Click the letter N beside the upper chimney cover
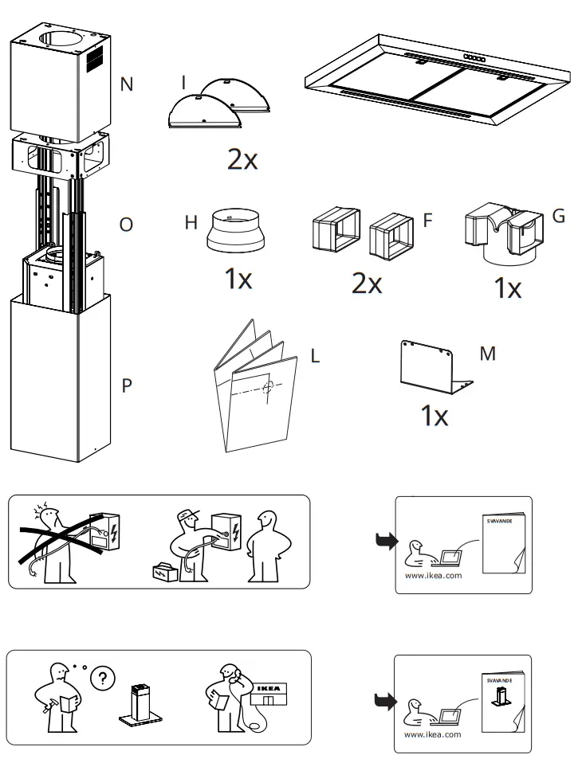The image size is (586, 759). pyautogui.click(x=126, y=84)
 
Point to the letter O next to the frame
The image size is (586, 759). pyautogui.click(x=126, y=225)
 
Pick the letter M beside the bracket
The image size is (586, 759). pyautogui.click(x=487, y=353)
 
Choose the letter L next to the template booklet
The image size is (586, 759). pyautogui.click(x=314, y=356)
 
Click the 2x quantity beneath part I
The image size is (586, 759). pyautogui.click(x=242, y=160)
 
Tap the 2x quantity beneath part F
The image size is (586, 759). pyautogui.click(x=367, y=282)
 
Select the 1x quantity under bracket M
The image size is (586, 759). pyautogui.click(x=434, y=415)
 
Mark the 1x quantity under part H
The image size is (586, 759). pyautogui.click(x=238, y=280)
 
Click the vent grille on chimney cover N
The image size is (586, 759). pyautogui.click(x=95, y=57)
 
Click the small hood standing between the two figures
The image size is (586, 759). pyautogui.click(x=140, y=704)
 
